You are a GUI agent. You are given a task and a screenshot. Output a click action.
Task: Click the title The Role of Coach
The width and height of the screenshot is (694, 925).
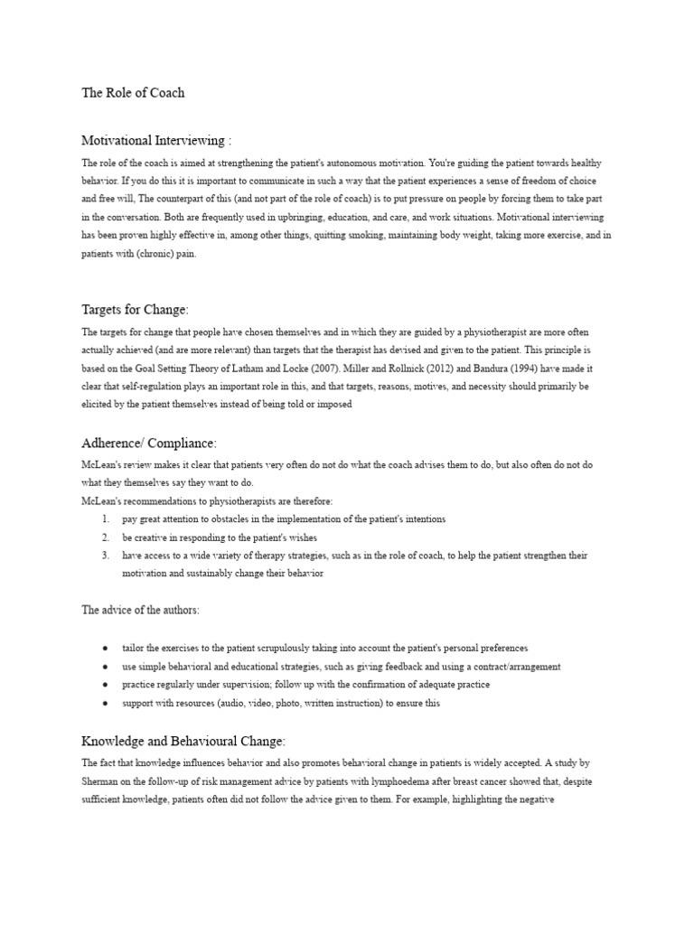[133, 93]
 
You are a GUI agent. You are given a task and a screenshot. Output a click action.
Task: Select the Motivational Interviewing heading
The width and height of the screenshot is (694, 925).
[156, 140]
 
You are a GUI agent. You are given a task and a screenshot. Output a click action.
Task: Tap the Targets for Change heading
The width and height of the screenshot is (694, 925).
[136, 310]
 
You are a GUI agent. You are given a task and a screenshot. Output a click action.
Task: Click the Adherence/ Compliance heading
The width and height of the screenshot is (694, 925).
[149, 443]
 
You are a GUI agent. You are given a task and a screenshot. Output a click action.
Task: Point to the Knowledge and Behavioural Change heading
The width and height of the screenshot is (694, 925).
[183, 741]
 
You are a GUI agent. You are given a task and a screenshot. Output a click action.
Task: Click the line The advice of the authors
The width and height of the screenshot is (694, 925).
[140, 610]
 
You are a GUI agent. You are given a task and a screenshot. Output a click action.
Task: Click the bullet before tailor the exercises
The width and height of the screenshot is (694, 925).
[106, 649]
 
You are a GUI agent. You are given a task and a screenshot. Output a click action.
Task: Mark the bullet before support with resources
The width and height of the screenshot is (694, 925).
[106, 703]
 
